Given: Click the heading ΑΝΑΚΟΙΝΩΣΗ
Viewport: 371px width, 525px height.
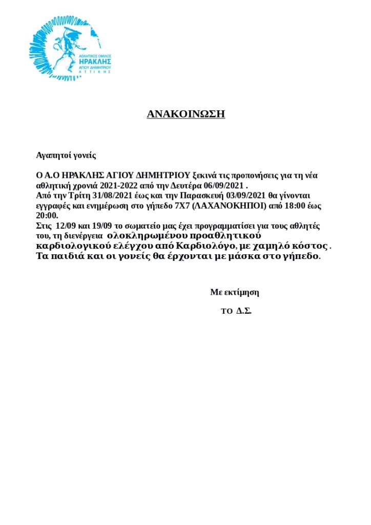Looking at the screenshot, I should coord(186,114).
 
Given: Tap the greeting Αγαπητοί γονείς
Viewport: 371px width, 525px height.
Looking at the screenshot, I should coord(66,155).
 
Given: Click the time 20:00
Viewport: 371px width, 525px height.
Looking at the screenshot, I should coord(47,215).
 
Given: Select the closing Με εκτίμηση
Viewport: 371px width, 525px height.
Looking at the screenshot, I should coord(234,292).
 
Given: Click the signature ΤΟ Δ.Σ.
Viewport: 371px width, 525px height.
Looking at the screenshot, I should coord(236,311).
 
